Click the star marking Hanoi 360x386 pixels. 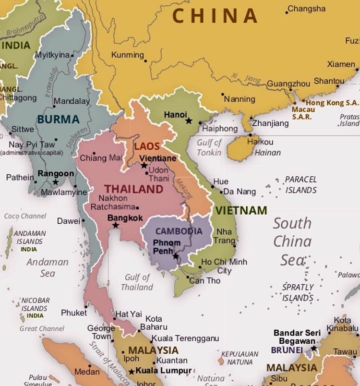(x=189, y=121)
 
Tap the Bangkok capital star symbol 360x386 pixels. (x=115, y=225)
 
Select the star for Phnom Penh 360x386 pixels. (x=176, y=256)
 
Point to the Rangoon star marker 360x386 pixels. (x=56, y=182)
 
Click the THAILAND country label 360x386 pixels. (x=134, y=189)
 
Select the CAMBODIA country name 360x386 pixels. (x=179, y=231)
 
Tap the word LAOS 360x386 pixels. (x=147, y=146)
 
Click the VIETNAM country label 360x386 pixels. (x=241, y=210)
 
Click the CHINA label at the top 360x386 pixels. (x=215, y=16)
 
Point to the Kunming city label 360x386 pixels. (x=127, y=55)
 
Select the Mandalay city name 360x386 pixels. (x=71, y=101)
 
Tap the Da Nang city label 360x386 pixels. (x=240, y=192)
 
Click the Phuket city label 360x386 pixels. (x=74, y=313)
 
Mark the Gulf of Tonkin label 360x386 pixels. (x=209, y=147)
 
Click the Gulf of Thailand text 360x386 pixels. (x=137, y=282)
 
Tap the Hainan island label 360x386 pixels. (x=268, y=153)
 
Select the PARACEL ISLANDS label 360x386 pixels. (x=301, y=184)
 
